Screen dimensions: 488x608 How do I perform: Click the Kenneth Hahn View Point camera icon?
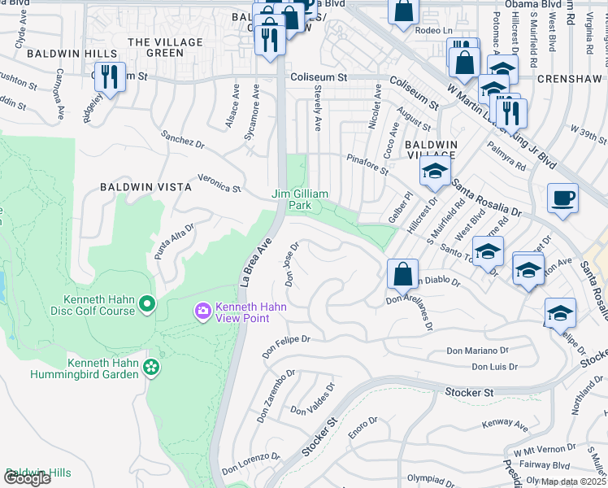(202, 311)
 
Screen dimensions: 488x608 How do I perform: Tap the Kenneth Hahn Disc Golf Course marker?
(147, 304)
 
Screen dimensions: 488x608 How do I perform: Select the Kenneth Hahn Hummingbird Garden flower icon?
(150, 368)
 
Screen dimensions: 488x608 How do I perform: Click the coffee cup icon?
(562, 198)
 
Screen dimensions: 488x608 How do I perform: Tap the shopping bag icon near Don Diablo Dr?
(403, 274)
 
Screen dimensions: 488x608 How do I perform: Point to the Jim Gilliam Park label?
(300, 199)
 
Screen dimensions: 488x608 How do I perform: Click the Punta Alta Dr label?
(174, 242)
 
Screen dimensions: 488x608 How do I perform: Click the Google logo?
(27, 478)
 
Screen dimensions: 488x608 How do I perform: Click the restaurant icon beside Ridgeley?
(110, 77)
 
